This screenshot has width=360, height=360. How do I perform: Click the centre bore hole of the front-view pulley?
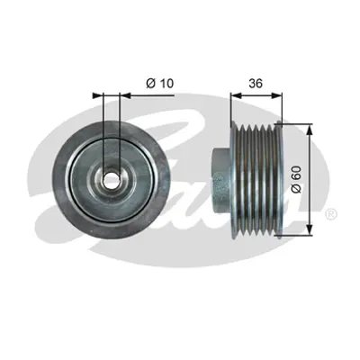click(x=110, y=179)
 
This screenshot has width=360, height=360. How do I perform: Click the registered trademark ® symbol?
click(x=330, y=215)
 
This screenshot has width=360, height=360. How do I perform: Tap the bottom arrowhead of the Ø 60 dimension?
click(x=309, y=232)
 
